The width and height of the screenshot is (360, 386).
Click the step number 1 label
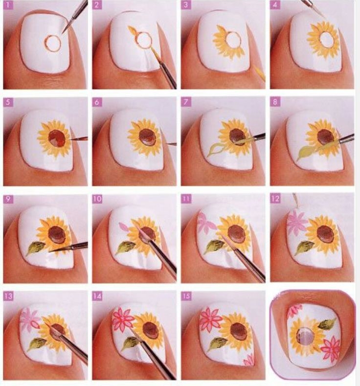[8, 5]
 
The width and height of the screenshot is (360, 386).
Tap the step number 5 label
[8, 102]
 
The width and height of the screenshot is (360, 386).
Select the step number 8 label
[275, 102]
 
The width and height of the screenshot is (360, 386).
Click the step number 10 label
[98, 199]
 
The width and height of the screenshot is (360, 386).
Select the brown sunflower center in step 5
[58, 138]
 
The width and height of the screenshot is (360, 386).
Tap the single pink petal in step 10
[124, 226]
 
